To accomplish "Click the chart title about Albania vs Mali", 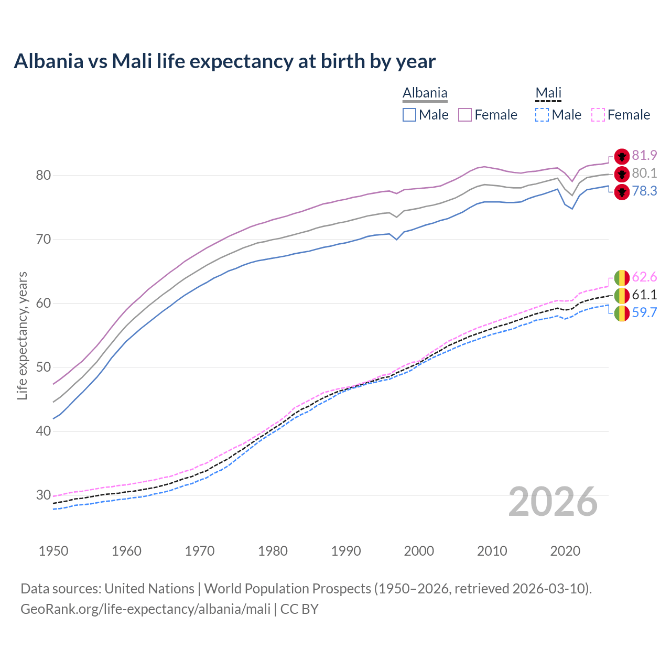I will click(224, 61).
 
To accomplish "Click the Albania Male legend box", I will click(409, 115).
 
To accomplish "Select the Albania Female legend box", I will click(465, 115).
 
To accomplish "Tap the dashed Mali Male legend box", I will click(542, 115).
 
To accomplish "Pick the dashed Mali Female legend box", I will click(598, 115).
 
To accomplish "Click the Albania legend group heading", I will click(425, 93).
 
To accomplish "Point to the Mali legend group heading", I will click(548, 93).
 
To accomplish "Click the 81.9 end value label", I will click(644, 156).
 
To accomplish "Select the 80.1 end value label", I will click(644, 174).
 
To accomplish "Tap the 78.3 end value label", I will click(644, 191).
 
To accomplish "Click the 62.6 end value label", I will click(644, 277).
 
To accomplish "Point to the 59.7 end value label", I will click(644, 313).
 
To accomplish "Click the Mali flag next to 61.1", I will click(622, 296).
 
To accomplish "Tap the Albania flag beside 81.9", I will click(622, 156).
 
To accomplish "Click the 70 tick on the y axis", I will click(43, 240).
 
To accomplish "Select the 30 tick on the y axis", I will click(43, 495).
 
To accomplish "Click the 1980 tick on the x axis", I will click(273, 551).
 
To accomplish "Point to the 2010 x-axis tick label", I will click(492, 551).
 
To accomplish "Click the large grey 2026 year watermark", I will click(553, 502).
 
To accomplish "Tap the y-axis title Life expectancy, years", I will click(23, 335).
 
